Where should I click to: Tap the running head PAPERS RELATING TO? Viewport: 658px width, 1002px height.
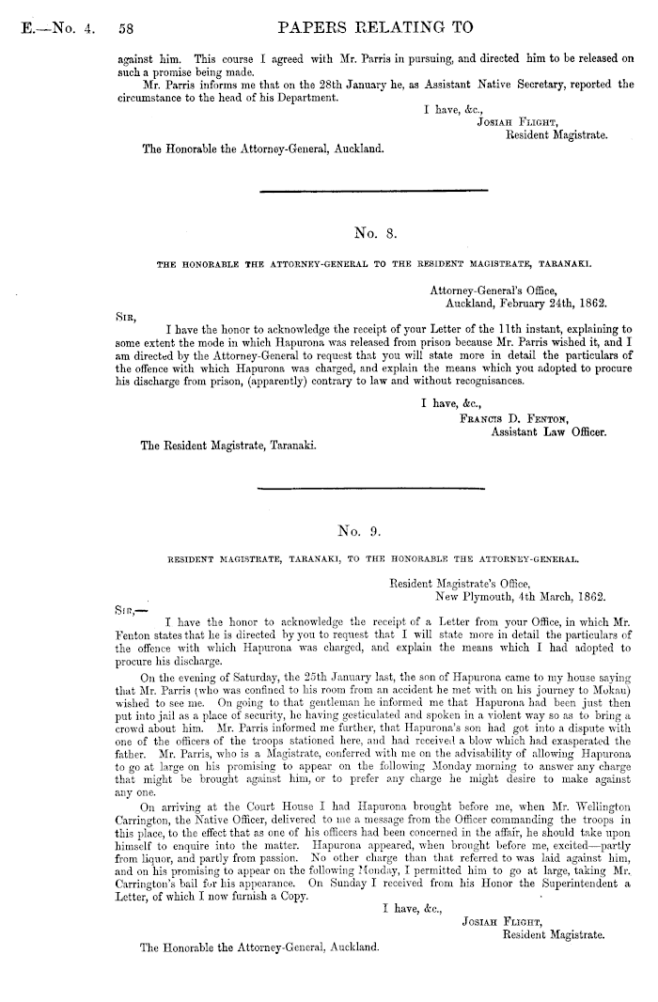point(373,28)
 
